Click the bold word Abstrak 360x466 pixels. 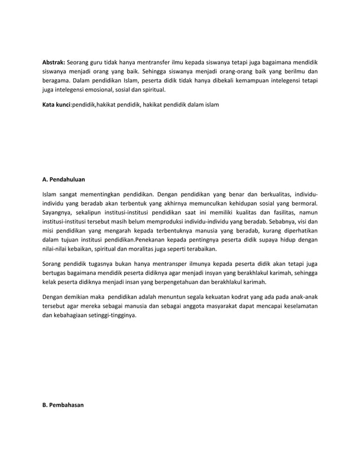pyautogui.click(x=54, y=61)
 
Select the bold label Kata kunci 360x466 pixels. pyautogui.click(x=56, y=105)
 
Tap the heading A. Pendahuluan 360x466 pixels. pyautogui.click(x=64, y=179)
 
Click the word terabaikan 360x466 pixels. pyautogui.click(x=202, y=248)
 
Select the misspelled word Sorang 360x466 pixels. pyautogui.click(x=54, y=263)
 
